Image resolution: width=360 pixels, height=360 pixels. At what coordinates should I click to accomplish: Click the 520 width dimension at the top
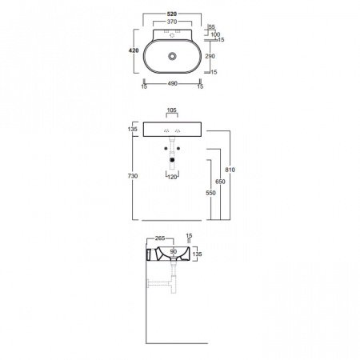click(x=172, y=14)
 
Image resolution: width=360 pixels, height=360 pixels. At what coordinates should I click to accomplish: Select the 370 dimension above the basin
click(x=172, y=22)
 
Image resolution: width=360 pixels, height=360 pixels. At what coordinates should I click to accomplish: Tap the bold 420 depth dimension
click(x=134, y=50)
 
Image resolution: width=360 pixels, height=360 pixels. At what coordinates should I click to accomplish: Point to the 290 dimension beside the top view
click(x=210, y=56)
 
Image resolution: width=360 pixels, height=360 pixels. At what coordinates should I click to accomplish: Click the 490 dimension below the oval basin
click(x=172, y=83)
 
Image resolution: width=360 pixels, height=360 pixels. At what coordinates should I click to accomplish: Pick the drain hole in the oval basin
click(x=172, y=56)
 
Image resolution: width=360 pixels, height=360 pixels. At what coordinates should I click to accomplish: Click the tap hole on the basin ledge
click(x=172, y=35)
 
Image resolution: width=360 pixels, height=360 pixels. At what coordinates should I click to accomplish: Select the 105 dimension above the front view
click(x=172, y=110)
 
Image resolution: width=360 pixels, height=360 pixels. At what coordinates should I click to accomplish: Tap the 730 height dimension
click(x=133, y=176)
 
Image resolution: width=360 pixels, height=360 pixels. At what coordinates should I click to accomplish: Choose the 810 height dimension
click(x=230, y=170)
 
